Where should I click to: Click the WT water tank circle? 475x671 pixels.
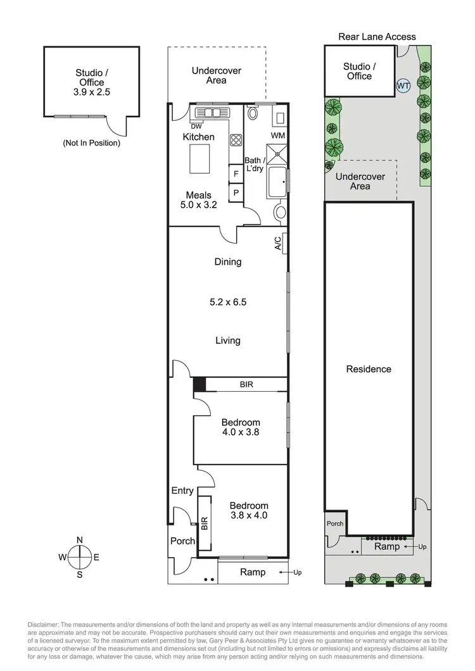tap(402, 85)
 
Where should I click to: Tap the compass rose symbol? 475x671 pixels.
tap(79, 557)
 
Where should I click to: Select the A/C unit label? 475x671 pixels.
tap(278, 244)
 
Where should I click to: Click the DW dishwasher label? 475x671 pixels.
tap(187, 126)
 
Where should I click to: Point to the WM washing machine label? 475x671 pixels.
tap(278, 136)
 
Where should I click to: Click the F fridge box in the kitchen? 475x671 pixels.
tap(236, 173)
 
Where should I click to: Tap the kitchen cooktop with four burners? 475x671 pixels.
tap(236, 140)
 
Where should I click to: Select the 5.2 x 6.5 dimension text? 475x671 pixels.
tap(228, 302)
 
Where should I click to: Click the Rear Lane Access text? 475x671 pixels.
tap(377, 36)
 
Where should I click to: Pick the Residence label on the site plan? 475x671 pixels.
tap(369, 369)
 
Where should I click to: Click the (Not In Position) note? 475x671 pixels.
tap(91, 143)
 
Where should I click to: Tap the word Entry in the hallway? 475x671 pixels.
tap(182, 491)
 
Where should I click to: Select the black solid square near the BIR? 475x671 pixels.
tap(199, 384)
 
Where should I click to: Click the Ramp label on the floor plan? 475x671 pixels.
tap(252, 572)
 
